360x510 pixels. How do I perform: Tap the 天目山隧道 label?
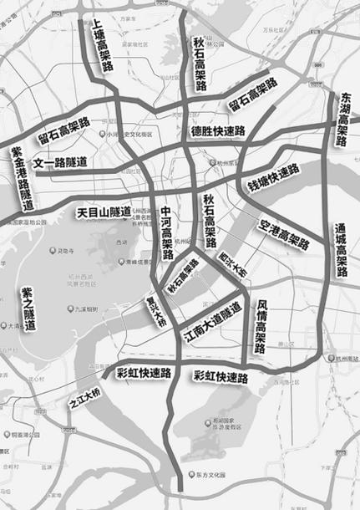click(x=104, y=212)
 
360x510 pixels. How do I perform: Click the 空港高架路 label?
click(x=284, y=235)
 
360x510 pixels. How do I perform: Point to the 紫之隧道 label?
click(x=28, y=309)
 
